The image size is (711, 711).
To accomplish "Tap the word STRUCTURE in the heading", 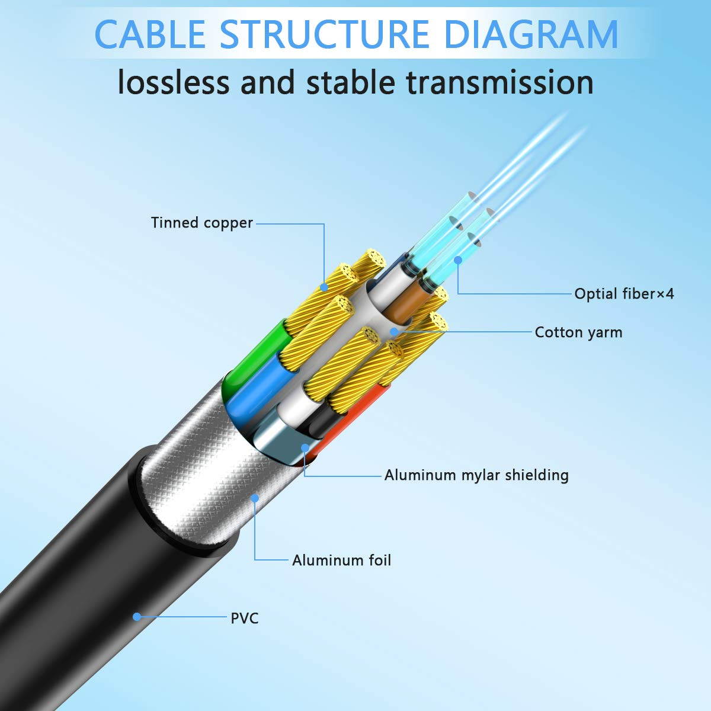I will (x=325, y=34).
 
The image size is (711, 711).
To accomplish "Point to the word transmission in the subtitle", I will (x=499, y=82).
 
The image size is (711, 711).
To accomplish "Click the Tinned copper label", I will (x=201, y=223).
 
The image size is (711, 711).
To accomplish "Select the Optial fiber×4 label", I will (x=624, y=293).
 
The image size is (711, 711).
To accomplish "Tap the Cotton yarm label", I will (x=578, y=332).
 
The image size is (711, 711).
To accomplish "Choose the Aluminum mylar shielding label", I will (x=476, y=475).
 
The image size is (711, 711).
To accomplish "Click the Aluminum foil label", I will (x=341, y=560).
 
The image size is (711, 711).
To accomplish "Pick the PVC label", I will (x=245, y=618).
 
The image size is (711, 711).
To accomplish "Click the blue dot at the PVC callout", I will (x=137, y=617).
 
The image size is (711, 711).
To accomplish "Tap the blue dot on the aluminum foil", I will (x=255, y=498).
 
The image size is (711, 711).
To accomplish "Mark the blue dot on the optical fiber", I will (x=457, y=260).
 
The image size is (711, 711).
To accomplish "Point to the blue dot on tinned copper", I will (x=324, y=287).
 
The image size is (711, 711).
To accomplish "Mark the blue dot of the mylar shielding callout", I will (x=305, y=449).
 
